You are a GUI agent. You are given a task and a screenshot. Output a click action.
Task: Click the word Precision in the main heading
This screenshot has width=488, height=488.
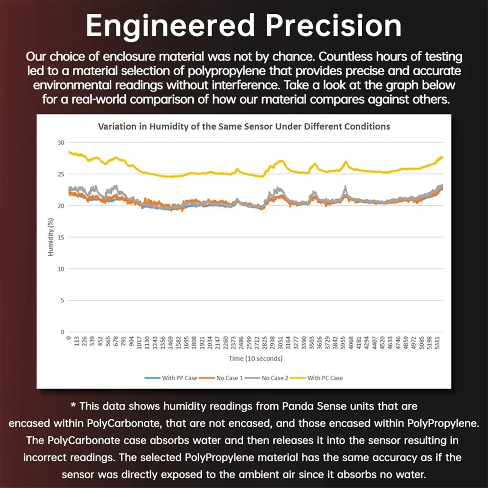pyautogui.click(x=334, y=26)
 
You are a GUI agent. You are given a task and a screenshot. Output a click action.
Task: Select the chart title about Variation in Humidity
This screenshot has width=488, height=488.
pyautogui.click(x=244, y=126)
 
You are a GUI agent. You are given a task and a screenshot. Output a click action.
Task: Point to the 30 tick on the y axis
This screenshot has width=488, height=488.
pyautogui.click(x=61, y=143)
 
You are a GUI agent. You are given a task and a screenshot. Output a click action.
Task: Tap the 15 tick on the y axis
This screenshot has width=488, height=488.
pyautogui.click(x=61, y=237)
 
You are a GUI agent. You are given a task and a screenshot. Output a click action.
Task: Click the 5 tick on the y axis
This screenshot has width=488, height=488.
pyautogui.click(x=62, y=301)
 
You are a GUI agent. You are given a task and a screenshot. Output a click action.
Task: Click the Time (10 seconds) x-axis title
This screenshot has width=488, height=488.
pyautogui.click(x=255, y=359)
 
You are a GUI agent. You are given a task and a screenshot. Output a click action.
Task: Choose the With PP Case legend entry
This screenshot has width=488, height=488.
pyautogui.click(x=179, y=378)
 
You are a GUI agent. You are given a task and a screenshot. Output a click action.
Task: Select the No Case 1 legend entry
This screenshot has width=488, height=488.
pyautogui.click(x=229, y=378)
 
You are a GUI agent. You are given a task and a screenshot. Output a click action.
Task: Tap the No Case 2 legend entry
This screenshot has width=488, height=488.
pyautogui.click(x=275, y=378)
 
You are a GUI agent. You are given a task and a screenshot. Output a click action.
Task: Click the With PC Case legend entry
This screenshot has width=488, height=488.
pyautogui.click(x=325, y=378)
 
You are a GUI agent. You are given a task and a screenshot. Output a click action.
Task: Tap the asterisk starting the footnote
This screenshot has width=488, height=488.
pyautogui.click(x=73, y=406)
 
